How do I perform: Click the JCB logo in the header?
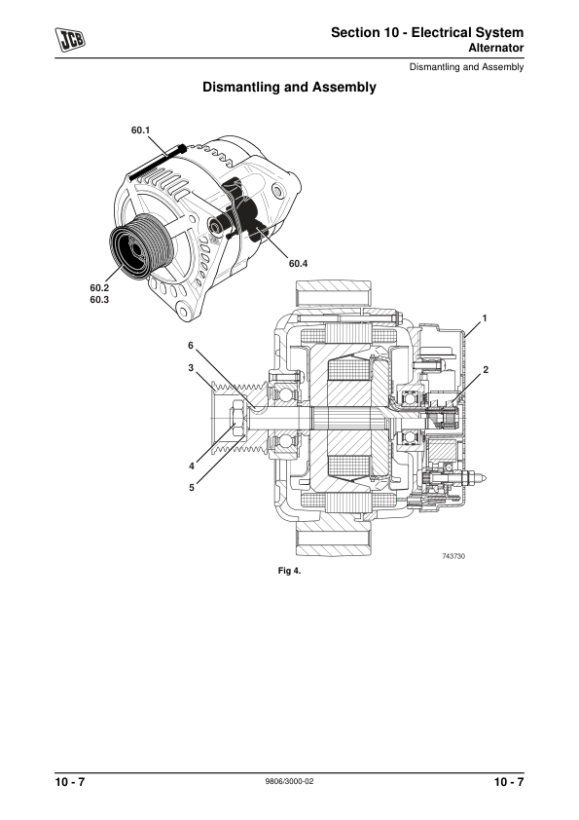point(70,40)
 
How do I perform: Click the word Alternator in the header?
point(495,48)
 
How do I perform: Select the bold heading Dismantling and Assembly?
point(289,87)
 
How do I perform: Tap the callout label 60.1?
point(140,130)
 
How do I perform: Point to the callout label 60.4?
point(298,264)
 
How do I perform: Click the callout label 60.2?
point(99,287)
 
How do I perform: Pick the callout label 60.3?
point(99,300)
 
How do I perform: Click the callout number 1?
point(485,317)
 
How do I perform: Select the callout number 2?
point(486,370)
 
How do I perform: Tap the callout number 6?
point(191,345)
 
